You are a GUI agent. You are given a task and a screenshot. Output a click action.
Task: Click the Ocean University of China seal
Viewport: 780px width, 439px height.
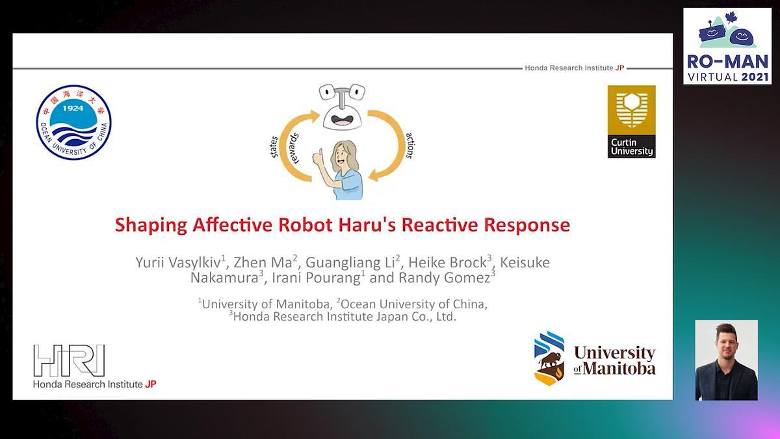[73, 122]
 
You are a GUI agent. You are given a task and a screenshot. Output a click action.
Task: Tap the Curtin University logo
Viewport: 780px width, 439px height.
[631, 122]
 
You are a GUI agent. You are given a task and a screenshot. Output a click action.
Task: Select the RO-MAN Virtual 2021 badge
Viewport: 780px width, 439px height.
[727, 46]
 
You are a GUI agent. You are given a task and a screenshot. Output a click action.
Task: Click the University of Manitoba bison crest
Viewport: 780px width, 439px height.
[549, 358]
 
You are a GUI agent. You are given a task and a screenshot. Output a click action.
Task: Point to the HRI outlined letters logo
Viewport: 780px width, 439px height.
[69, 360]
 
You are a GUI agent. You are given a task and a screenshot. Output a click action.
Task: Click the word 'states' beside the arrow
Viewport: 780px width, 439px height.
[274, 147]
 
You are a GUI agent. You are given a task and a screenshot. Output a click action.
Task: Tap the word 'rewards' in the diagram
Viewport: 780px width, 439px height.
[293, 148]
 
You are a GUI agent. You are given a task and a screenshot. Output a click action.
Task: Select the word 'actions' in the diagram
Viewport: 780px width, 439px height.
[410, 145]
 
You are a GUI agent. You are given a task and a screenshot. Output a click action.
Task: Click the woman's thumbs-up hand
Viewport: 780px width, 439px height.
[318, 157]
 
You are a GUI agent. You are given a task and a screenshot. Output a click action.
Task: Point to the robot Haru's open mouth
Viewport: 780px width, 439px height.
[342, 120]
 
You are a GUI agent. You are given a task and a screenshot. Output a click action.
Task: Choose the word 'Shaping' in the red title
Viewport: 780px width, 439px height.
[151, 226]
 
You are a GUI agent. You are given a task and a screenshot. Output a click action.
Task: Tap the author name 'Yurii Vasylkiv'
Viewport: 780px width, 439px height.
[179, 262]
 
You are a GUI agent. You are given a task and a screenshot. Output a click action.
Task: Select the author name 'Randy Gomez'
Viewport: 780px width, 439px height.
[445, 278]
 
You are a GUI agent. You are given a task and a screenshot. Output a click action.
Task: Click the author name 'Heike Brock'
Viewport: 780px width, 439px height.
[447, 262]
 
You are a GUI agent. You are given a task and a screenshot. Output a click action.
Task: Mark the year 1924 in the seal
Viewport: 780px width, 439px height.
[73, 109]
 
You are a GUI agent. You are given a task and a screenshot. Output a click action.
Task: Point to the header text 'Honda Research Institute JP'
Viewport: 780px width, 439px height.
[574, 68]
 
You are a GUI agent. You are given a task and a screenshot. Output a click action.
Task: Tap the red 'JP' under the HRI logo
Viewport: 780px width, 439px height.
[150, 384]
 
